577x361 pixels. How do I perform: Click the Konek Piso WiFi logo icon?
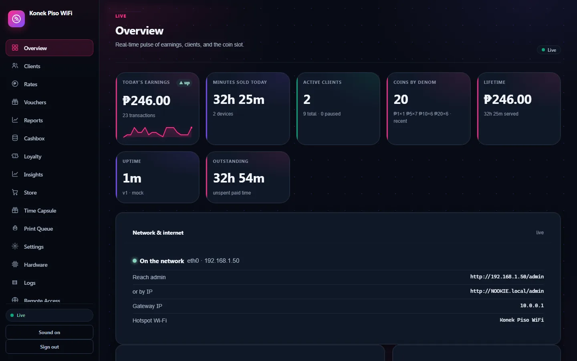16,19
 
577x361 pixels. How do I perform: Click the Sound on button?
49,332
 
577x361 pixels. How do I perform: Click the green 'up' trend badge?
184,83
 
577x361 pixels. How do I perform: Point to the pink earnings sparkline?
157,132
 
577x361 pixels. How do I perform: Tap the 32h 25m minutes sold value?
238,99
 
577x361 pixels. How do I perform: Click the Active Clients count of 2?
307,99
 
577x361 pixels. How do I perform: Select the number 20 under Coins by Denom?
401,99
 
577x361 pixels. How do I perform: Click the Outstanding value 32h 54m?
238,178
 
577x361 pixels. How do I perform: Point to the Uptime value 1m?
132,178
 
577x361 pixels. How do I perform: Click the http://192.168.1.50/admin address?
507,277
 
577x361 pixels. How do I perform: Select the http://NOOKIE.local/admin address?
507,291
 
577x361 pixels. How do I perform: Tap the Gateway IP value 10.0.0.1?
532,306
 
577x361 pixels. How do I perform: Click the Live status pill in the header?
549,50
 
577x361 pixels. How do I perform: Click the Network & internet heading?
158,233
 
